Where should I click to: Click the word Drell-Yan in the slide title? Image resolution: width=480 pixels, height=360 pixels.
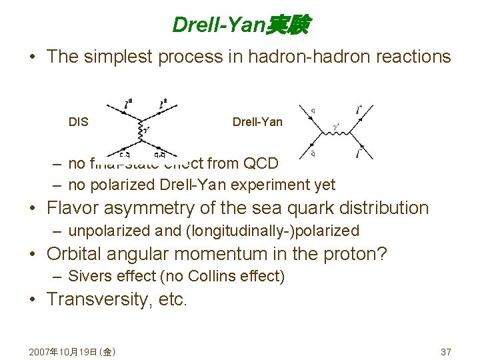[x=218, y=25]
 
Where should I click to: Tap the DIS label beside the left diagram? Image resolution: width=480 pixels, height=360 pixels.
[x=78, y=122]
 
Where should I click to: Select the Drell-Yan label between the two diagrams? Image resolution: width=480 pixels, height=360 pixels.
[x=257, y=122]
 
